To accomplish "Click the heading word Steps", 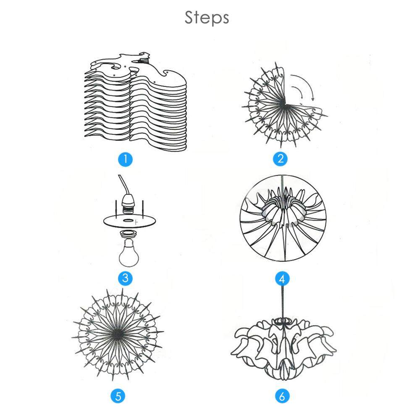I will pyautogui.click(x=207, y=18).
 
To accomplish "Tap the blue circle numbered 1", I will pyautogui.click(x=125, y=159).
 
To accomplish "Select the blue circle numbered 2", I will pyautogui.click(x=280, y=159).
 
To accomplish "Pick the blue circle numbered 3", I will pyautogui.click(x=125, y=278).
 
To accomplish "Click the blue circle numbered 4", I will pyautogui.click(x=282, y=279).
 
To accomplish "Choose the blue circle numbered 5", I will pyautogui.click(x=118, y=395).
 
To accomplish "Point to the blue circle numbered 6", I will pyautogui.click(x=282, y=395).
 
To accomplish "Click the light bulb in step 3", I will pyautogui.click(x=129, y=253).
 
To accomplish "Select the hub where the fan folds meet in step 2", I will pyautogui.click(x=286, y=104).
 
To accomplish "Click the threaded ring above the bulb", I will pyautogui.click(x=129, y=234).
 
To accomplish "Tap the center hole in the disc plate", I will pyautogui.click(x=129, y=220).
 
